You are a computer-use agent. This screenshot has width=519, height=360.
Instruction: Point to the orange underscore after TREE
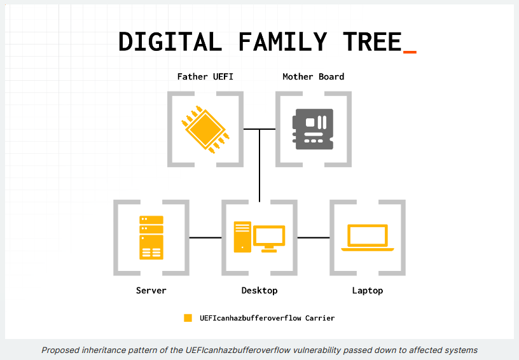pos(410,52)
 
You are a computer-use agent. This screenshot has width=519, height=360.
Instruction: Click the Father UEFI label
pos(205,76)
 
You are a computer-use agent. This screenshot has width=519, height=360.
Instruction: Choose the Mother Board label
pos(314,76)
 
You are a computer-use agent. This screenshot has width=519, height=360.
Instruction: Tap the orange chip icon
pos(205,129)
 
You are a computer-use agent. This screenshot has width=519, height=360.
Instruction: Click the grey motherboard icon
pos(313,129)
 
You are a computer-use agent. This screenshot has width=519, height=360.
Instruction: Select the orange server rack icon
pos(151,237)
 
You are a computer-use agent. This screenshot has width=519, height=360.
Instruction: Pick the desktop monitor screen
pos(269,235)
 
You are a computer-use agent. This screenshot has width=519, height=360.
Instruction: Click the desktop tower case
pos(242,237)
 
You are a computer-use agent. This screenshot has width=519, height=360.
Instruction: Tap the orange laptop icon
pos(368,237)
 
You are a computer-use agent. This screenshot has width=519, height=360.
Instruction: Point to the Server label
pos(151,291)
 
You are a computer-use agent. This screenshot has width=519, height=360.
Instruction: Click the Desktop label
pos(259,291)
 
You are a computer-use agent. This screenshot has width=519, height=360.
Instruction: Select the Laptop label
pos(368,291)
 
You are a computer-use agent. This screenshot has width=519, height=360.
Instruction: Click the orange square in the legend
pos(188,318)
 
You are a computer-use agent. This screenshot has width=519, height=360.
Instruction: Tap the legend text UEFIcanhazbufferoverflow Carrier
pos(267,318)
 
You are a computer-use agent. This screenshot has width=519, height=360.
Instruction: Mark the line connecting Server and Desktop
pos(205,237)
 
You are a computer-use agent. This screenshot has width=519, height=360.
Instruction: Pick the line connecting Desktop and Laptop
pos(314,237)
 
